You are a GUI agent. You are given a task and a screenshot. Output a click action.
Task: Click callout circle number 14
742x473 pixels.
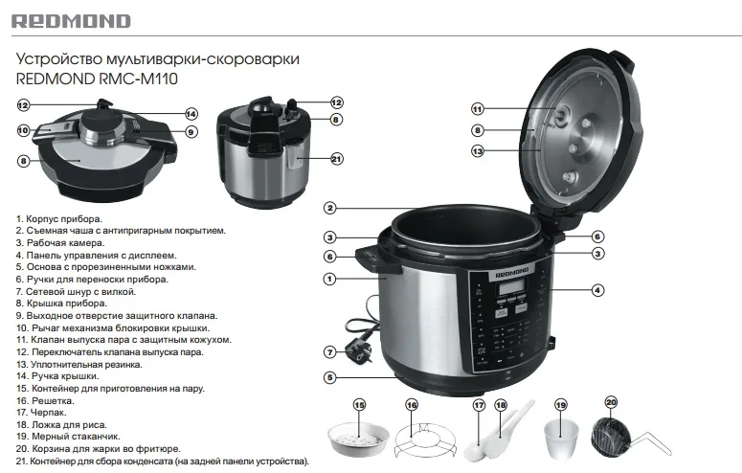(x=191, y=113)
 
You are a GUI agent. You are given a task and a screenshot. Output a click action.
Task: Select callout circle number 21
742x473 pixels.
(x=336, y=159)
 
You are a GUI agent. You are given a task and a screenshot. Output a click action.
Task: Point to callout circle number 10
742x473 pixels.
(x=23, y=130)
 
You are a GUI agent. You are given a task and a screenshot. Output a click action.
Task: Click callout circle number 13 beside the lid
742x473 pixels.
(x=478, y=151)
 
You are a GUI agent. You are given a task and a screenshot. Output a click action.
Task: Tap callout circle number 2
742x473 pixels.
(x=329, y=208)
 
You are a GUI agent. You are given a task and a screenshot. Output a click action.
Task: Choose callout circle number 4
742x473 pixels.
(x=596, y=289)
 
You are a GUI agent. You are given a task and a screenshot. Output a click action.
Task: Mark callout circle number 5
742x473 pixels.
(x=329, y=378)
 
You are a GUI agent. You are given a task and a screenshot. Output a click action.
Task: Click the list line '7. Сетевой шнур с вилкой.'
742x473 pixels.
(x=77, y=290)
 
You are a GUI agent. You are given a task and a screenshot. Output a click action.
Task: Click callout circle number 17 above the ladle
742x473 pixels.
(x=478, y=406)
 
